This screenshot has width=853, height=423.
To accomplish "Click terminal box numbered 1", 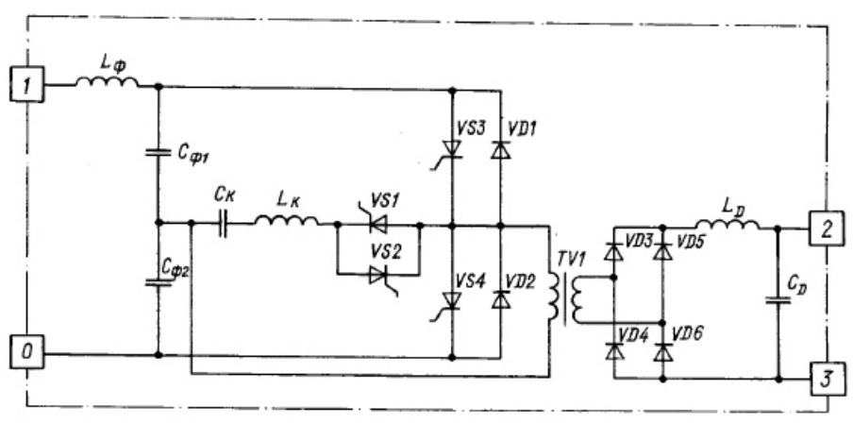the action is click(26, 85).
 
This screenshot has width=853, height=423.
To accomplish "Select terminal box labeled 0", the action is click(26, 353).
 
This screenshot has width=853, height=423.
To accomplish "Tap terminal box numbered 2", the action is click(826, 229).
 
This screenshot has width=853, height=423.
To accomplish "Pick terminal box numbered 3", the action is click(826, 379).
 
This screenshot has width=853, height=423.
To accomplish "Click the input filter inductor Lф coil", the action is click(107, 81).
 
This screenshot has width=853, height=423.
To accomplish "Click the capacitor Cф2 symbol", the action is click(159, 282).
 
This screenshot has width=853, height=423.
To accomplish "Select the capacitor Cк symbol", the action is click(223, 223).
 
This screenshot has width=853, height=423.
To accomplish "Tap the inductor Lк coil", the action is click(286, 219).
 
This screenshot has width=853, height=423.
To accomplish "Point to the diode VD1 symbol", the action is click(500, 150).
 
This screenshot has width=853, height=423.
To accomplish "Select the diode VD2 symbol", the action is click(500, 299).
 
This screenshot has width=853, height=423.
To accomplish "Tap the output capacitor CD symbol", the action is click(778, 300).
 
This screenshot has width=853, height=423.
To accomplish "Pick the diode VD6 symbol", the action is click(662, 353).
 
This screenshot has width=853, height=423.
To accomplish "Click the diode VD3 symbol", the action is click(613, 251).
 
